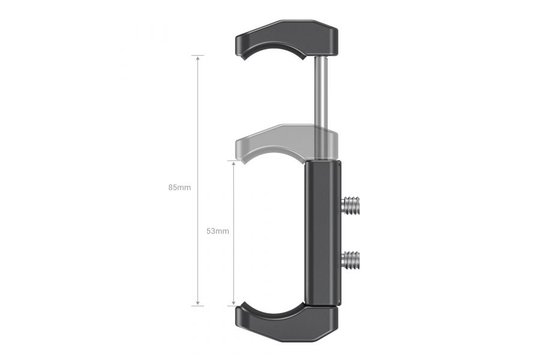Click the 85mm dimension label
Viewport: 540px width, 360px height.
[x=179, y=187]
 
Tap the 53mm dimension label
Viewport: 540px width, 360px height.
[x=217, y=231]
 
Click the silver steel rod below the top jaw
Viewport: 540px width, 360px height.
[x=322, y=90]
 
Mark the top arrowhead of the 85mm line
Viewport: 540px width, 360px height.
[x=198, y=58]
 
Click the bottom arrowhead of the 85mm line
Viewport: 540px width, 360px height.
[x=198, y=304]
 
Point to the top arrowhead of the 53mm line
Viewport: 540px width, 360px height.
[x=234, y=163]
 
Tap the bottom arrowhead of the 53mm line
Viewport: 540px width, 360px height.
[x=234, y=304]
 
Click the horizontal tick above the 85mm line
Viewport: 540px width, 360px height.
[x=198, y=55]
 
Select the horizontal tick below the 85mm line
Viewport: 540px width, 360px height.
[x=198, y=306]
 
